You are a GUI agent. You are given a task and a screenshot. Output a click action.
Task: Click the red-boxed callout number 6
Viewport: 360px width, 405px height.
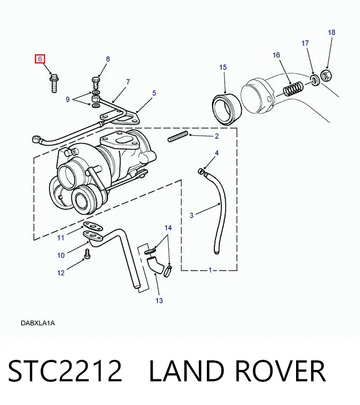(x=40, y=59)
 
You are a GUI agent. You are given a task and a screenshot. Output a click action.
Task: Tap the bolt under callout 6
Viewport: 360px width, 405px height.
(x=54, y=83)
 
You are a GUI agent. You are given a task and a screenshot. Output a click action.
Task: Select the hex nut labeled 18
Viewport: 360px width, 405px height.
(x=326, y=75)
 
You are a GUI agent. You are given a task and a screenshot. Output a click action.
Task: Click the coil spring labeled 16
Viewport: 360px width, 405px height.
(x=293, y=89)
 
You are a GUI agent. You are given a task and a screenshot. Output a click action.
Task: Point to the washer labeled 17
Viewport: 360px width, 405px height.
(x=315, y=80)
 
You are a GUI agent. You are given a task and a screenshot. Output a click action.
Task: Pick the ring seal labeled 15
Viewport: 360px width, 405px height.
(x=227, y=110)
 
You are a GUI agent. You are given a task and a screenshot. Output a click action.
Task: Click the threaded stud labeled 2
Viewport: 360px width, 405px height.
(x=178, y=137)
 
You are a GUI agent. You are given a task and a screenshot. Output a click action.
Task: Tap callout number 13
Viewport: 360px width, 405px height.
(x=159, y=301)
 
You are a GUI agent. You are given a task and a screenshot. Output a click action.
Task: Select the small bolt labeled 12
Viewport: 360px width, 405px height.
(x=87, y=254)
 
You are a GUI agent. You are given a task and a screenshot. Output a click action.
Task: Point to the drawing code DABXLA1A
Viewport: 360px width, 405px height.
(x=38, y=323)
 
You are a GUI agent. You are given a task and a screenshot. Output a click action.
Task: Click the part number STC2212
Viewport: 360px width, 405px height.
(x=65, y=371)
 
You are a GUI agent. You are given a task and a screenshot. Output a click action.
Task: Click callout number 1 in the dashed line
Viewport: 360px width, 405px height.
(x=210, y=270)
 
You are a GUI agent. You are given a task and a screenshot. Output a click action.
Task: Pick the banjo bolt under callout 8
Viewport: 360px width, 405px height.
(x=96, y=83)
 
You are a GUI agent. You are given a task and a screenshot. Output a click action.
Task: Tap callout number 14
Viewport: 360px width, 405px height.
(x=168, y=228)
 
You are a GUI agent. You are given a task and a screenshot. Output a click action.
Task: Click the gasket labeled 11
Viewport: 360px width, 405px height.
(x=92, y=227)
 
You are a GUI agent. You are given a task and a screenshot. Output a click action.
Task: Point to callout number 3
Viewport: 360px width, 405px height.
(x=191, y=215)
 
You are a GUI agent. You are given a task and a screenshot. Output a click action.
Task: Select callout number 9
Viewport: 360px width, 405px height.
(x=68, y=100)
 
